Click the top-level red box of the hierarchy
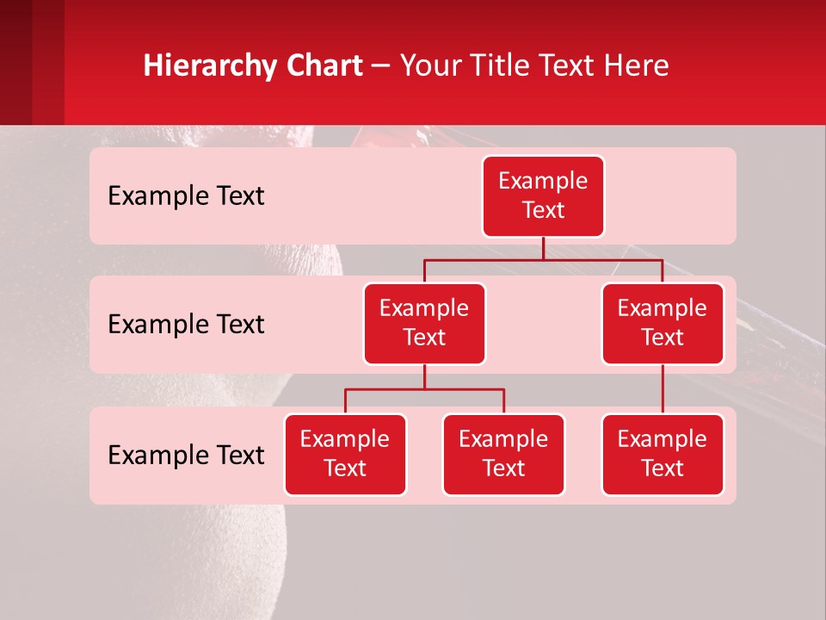[543, 196]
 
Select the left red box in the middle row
[424, 323]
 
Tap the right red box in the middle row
[663, 323]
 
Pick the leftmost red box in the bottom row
[345, 454]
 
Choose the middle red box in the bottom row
[503, 454]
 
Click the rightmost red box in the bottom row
[663, 454]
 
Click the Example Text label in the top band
[186, 196]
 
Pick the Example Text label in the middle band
[186, 325]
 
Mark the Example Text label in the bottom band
[186, 455]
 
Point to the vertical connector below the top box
[543, 248]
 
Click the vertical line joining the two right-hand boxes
[663, 388]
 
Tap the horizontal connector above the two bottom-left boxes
[424, 389]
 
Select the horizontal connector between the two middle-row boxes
[543, 259]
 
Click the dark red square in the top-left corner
[15, 62]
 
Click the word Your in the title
[430, 66]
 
